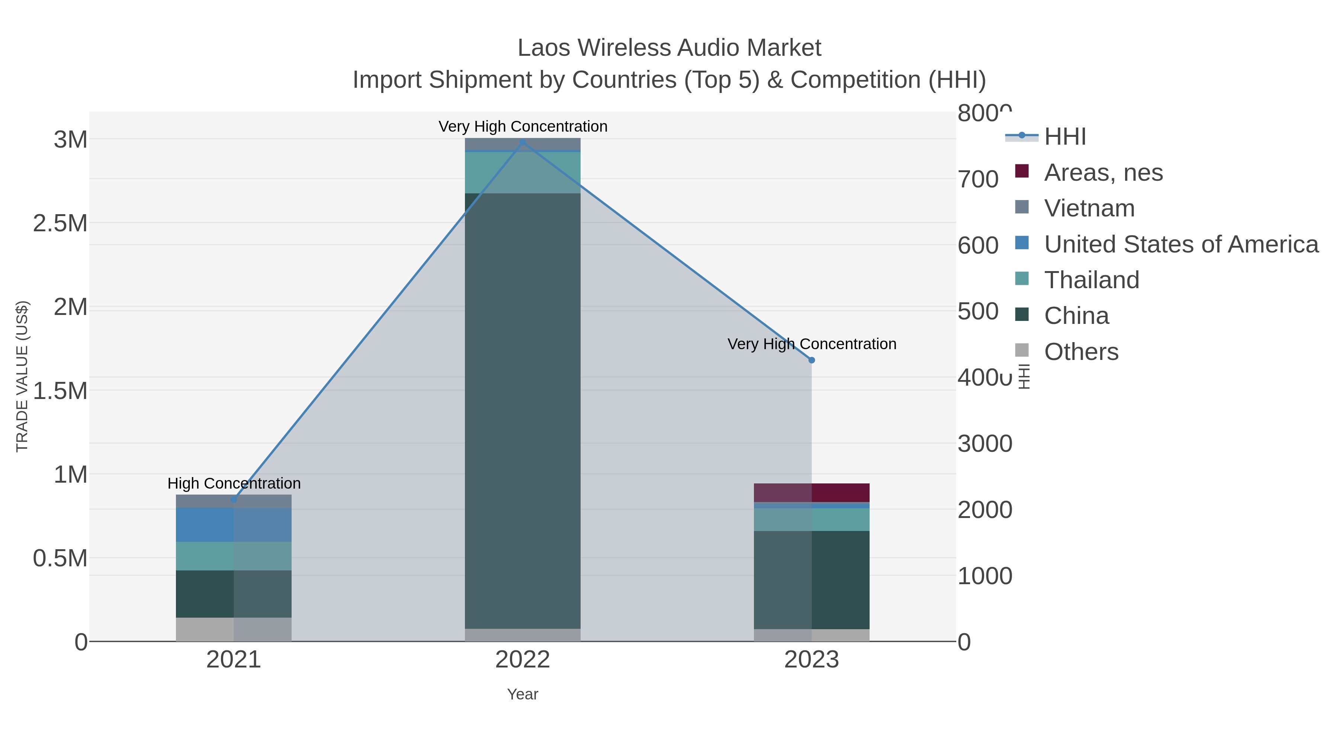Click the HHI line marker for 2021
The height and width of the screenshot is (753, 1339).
click(x=234, y=500)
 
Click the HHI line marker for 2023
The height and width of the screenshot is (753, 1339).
click(x=812, y=360)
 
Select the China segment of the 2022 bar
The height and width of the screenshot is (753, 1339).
click(x=523, y=411)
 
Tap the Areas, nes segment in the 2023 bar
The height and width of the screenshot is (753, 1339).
click(x=812, y=493)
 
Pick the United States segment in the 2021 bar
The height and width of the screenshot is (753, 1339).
click(x=234, y=525)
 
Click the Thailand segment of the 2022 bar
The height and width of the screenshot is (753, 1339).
click(x=523, y=173)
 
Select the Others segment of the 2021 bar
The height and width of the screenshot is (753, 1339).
click(x=234, y=629)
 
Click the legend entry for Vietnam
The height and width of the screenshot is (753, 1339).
click(x=1089, y=208)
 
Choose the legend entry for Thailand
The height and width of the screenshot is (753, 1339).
click(x=1092, y=280)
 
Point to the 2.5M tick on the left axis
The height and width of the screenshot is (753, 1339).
click(x=60, y=223)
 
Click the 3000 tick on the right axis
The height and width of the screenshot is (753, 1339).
click(x=985, y=444)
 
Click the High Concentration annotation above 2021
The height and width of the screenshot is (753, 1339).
click(x=234, y=483)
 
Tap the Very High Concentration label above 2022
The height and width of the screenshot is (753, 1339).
click(x=523, y=126)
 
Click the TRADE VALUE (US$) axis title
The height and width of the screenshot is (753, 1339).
click(x=22, y=376)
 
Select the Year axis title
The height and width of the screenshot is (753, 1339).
click(x=523, y=694)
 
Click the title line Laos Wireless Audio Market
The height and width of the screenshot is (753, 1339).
click(x=669, y=48)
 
